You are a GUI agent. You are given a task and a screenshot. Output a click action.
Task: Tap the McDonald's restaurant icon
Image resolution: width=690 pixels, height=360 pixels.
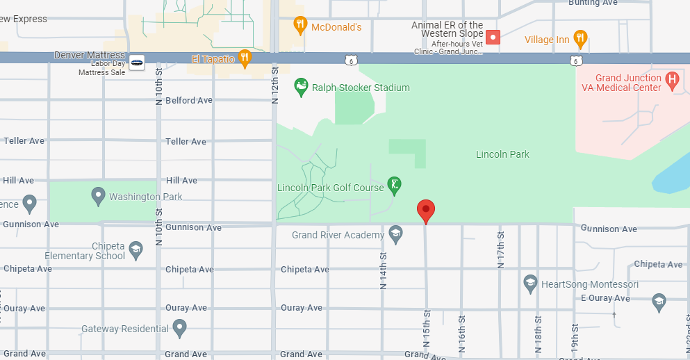coord(300,26)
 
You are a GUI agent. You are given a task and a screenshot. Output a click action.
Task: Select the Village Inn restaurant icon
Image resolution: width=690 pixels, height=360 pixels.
coord(581,38)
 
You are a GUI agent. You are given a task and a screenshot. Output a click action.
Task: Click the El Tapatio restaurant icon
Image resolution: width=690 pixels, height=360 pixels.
coord(245,58)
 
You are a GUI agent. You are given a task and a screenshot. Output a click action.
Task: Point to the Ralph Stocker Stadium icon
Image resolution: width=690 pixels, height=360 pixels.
coord(302,88)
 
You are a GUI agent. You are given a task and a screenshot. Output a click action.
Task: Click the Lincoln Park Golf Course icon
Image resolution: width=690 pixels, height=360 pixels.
coord(394,186)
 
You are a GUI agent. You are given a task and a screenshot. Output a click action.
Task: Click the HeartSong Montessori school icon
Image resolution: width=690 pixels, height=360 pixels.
coord(530,284)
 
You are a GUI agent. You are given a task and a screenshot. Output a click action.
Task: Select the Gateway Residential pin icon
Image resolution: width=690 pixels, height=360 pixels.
coord(180,327)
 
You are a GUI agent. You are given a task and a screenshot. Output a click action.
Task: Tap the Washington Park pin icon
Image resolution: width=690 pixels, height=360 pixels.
coord(98,196)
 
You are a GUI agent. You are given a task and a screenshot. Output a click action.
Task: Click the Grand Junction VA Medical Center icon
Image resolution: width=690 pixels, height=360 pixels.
coord(672,81)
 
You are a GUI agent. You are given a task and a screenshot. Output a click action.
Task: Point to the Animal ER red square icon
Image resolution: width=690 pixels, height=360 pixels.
coord(493,37)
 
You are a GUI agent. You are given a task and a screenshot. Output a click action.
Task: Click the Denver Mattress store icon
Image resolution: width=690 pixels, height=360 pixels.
coord(137,62)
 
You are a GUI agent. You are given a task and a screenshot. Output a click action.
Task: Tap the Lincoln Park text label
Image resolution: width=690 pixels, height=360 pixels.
coord(502,154)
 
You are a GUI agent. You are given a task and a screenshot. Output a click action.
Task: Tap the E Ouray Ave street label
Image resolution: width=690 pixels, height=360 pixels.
coord(605,298)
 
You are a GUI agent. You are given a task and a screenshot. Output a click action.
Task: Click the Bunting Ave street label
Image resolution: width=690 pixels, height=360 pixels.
coord(593,3)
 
